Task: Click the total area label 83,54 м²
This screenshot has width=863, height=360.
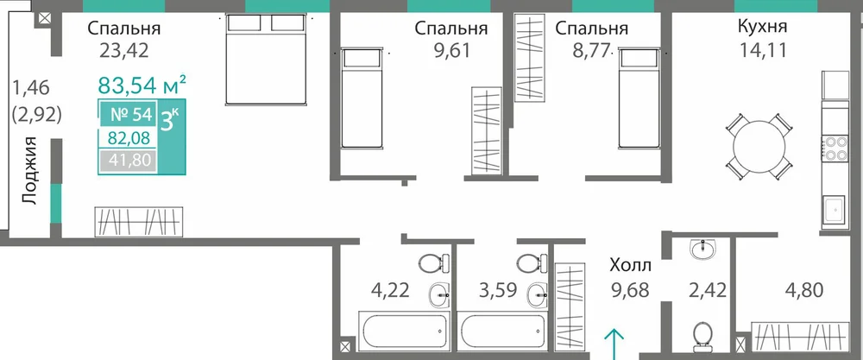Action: [x=142, y=85]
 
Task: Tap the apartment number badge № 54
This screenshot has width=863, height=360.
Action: [x=130, y=116]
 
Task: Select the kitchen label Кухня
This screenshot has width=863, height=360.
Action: [x=762, y=27]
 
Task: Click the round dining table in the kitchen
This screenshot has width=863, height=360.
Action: [x=759, y=147]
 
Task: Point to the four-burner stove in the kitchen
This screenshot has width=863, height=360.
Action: [x=835, y=148]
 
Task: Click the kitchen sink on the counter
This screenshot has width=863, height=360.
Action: [x=835, y=211]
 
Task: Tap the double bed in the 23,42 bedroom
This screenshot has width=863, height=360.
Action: [x=266, y=59]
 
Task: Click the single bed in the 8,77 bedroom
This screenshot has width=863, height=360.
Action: [x=639, y=98]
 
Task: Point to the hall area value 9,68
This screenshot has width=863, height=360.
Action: [x=630, y=288]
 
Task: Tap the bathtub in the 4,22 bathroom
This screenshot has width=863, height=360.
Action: [x=403, y=331]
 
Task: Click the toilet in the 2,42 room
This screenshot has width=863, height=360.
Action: [x=702, y=337]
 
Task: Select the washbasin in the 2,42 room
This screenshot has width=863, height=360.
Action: [x=702, y=249]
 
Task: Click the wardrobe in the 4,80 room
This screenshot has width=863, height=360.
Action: [x=798, y=335]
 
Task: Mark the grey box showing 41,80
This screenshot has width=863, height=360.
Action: [x=129, y=161]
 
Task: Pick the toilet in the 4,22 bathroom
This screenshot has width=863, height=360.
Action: [x=434, y=262]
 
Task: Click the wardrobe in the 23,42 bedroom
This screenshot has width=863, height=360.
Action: [x=138, y=222]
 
